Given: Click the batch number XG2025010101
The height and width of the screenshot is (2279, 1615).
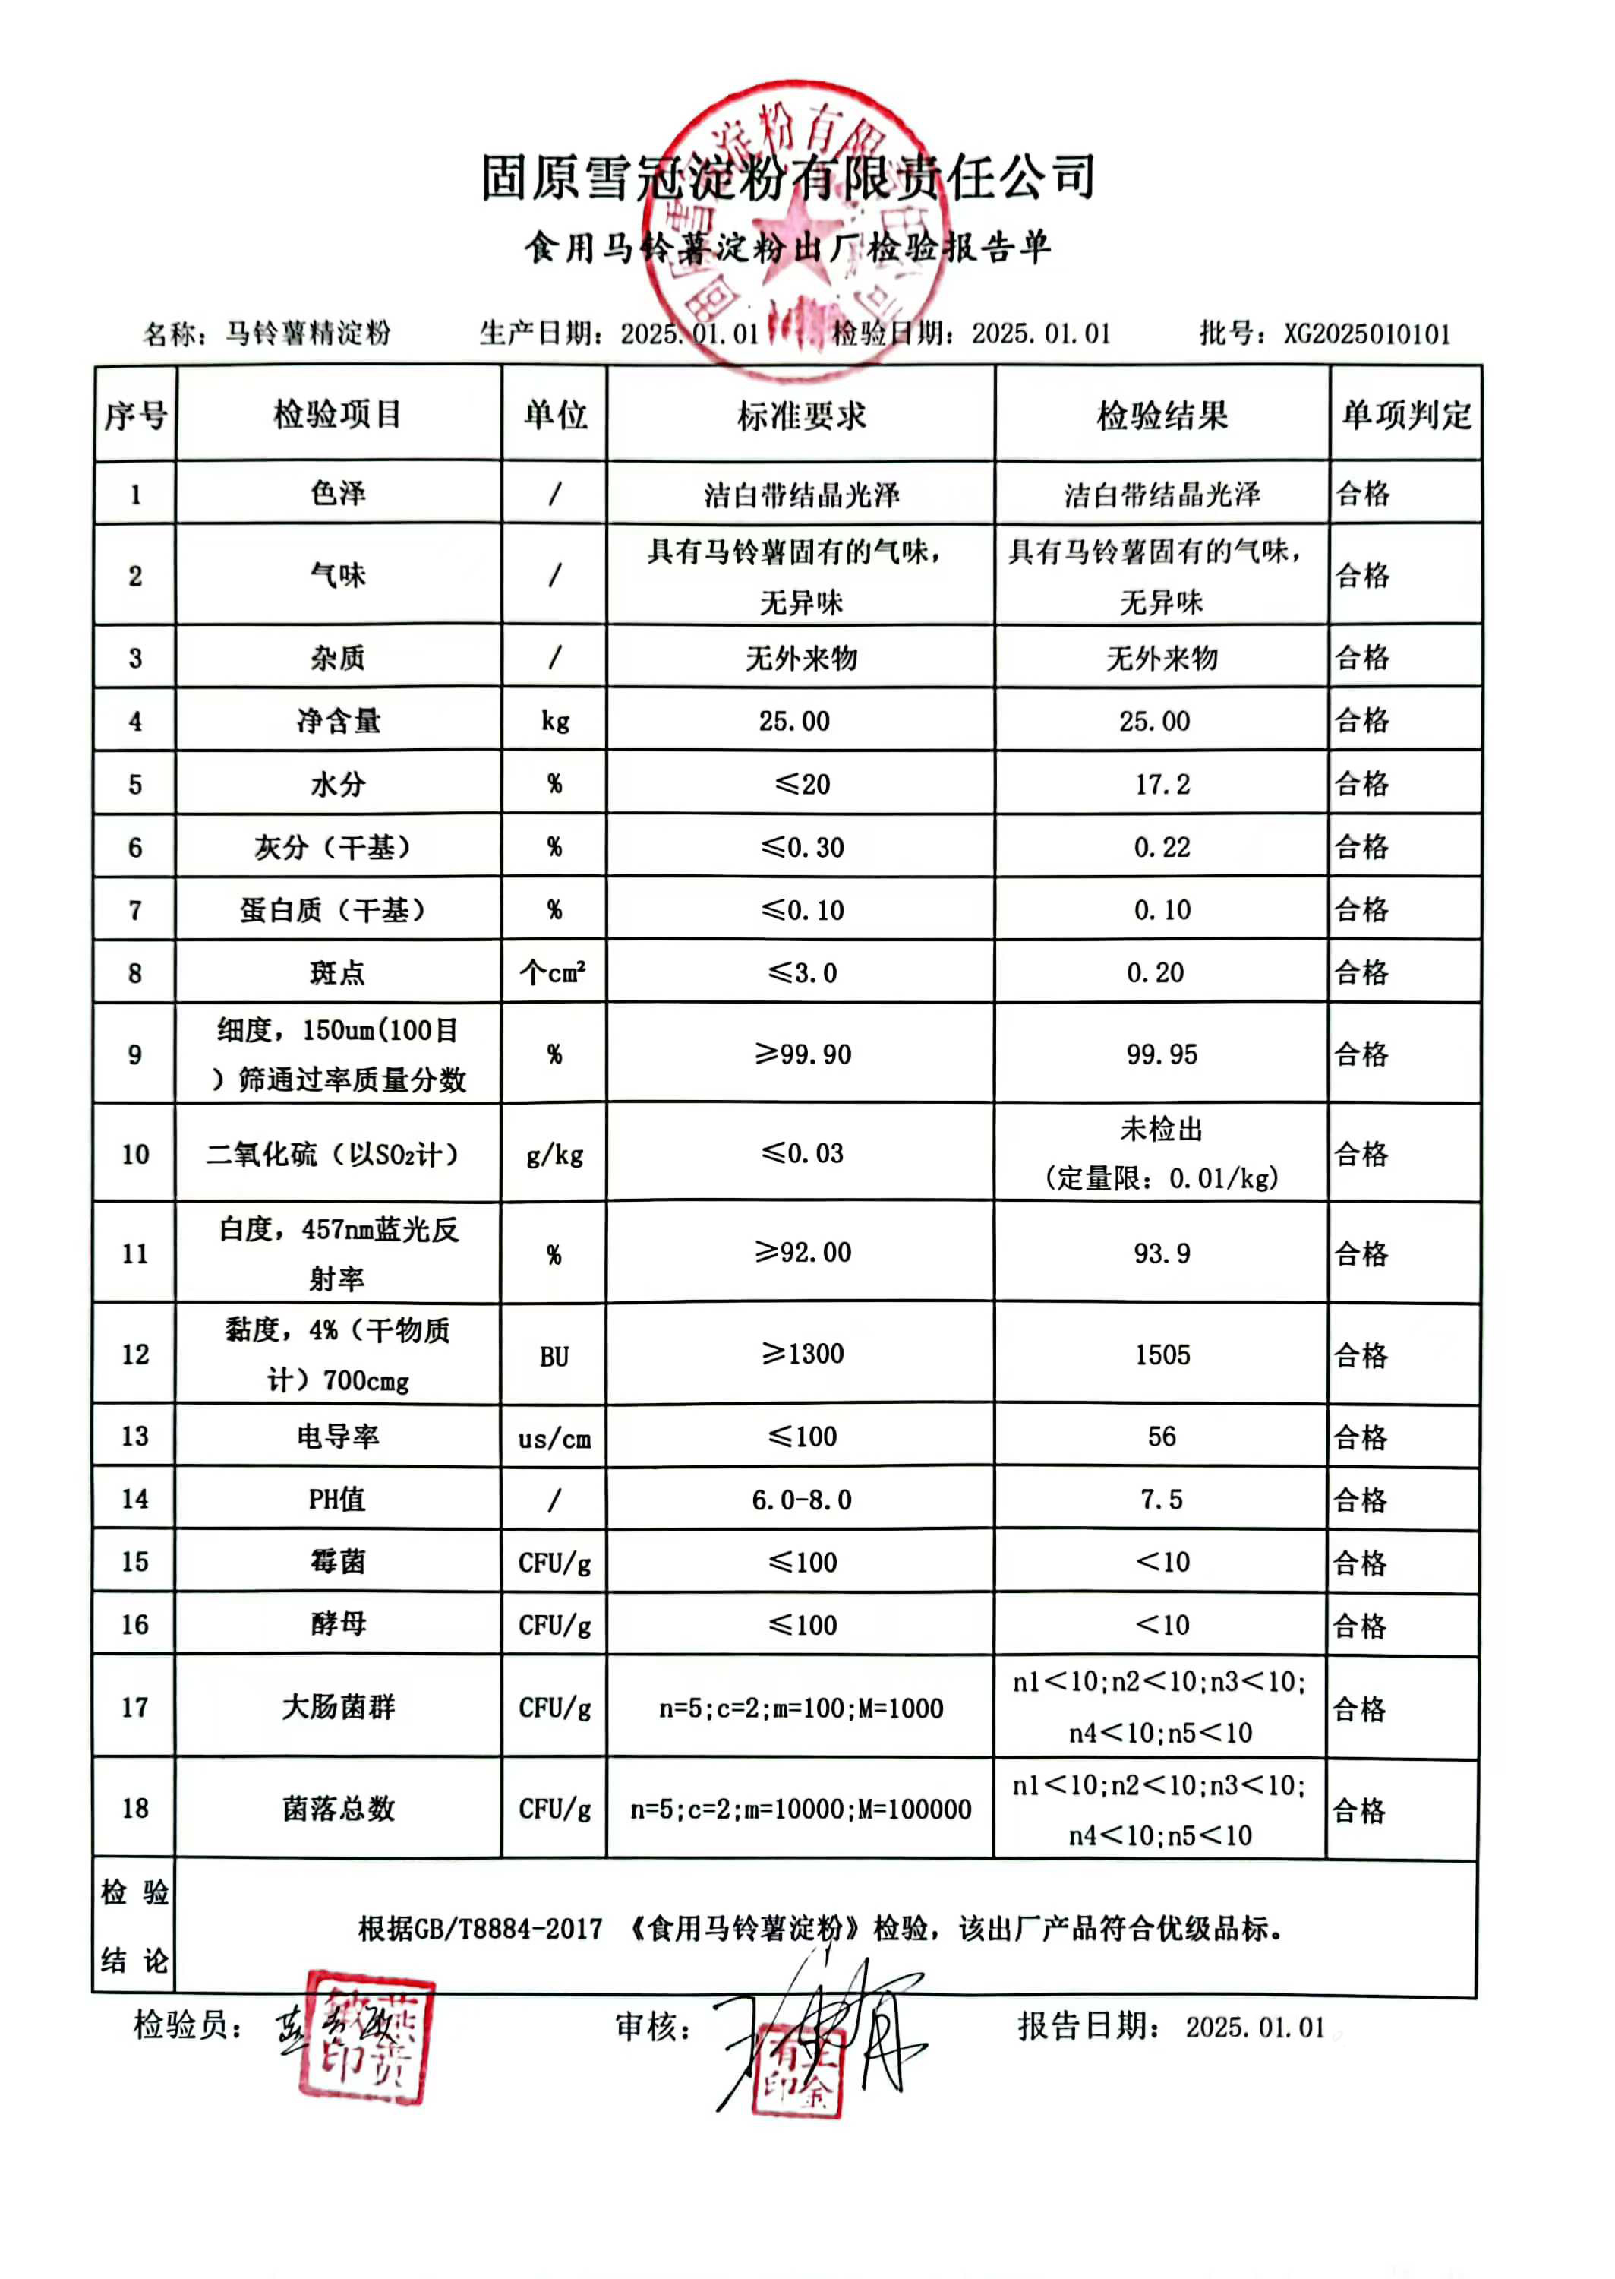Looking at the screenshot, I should (x=1367, y=333).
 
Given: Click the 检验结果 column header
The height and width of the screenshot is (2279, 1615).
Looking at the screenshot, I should (x=1162, y=415).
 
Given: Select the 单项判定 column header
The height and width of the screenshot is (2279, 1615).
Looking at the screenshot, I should (x=1405, y=415).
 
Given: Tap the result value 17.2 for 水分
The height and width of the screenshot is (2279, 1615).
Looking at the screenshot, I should (x=1162, y=785).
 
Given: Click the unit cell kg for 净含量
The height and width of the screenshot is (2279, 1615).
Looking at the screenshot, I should (x=555, y=721).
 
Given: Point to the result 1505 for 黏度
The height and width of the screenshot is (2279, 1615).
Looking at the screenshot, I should (x=1162, y=1355).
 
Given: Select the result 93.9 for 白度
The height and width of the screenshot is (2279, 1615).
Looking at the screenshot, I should (x=1162, y=1253).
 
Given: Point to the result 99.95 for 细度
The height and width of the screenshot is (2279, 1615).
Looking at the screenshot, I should (x=1162, y=1054).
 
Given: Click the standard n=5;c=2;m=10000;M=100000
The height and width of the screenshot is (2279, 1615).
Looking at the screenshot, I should (x=800, y=1810).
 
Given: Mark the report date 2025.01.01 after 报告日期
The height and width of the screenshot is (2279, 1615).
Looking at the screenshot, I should (x=1255, y=2028).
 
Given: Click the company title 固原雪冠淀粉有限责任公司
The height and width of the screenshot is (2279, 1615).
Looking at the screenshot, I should (x=787, y=177).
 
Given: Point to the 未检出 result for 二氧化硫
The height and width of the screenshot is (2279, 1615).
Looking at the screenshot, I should (x=1162, y=1129).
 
